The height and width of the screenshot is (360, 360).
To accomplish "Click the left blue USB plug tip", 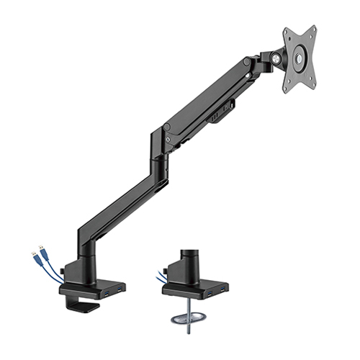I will click(x=33, y=253).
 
